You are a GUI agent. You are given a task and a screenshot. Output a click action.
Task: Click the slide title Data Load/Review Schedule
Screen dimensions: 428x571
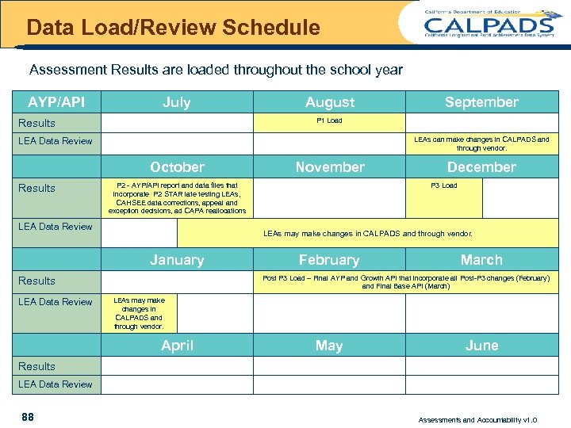click(173, 29)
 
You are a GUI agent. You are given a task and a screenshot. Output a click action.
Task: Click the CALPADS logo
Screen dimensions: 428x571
click(488, 24)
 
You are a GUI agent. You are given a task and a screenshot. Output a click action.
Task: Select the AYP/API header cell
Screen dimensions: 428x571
click(56, 102)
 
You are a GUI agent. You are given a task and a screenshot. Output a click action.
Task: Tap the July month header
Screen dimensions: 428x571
click(177, 102)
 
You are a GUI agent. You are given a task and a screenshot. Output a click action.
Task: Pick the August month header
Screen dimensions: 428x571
click(330, 102)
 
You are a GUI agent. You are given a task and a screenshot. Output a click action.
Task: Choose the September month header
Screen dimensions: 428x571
click(481, 102)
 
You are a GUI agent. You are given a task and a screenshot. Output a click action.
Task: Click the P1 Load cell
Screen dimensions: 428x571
click(329, 121)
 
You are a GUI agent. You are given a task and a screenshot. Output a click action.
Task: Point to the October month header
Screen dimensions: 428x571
click(177, 167)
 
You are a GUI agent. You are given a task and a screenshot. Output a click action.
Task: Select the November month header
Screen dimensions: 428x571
click(330, 167)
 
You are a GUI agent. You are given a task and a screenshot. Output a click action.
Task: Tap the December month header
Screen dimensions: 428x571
click(481, 167)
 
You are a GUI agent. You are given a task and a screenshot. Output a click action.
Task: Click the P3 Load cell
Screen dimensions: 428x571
click(443, 186)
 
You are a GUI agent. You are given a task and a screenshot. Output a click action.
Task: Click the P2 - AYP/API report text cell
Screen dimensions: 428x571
click(177, 198)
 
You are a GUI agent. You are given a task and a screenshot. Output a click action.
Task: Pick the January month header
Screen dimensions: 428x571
click(177, 260)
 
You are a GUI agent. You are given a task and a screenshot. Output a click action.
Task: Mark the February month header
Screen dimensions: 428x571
click(329, 260)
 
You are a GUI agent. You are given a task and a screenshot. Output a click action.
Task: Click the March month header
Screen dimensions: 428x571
click(481, 260)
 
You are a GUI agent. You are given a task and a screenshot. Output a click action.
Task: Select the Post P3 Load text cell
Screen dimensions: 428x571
click(405, 282)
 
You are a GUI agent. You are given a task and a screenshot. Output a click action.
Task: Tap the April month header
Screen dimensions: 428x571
click(177, 346)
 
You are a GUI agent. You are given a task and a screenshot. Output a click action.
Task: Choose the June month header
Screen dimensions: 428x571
click(481, 346)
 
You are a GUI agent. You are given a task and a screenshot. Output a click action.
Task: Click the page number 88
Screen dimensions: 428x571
click(28, 417)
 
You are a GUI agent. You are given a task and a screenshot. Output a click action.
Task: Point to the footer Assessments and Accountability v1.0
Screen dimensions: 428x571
click(477, 418)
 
